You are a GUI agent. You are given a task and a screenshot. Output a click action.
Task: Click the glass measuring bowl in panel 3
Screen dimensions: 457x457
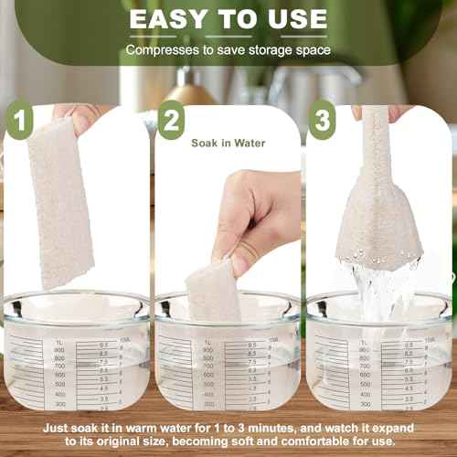click(379, 356)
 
